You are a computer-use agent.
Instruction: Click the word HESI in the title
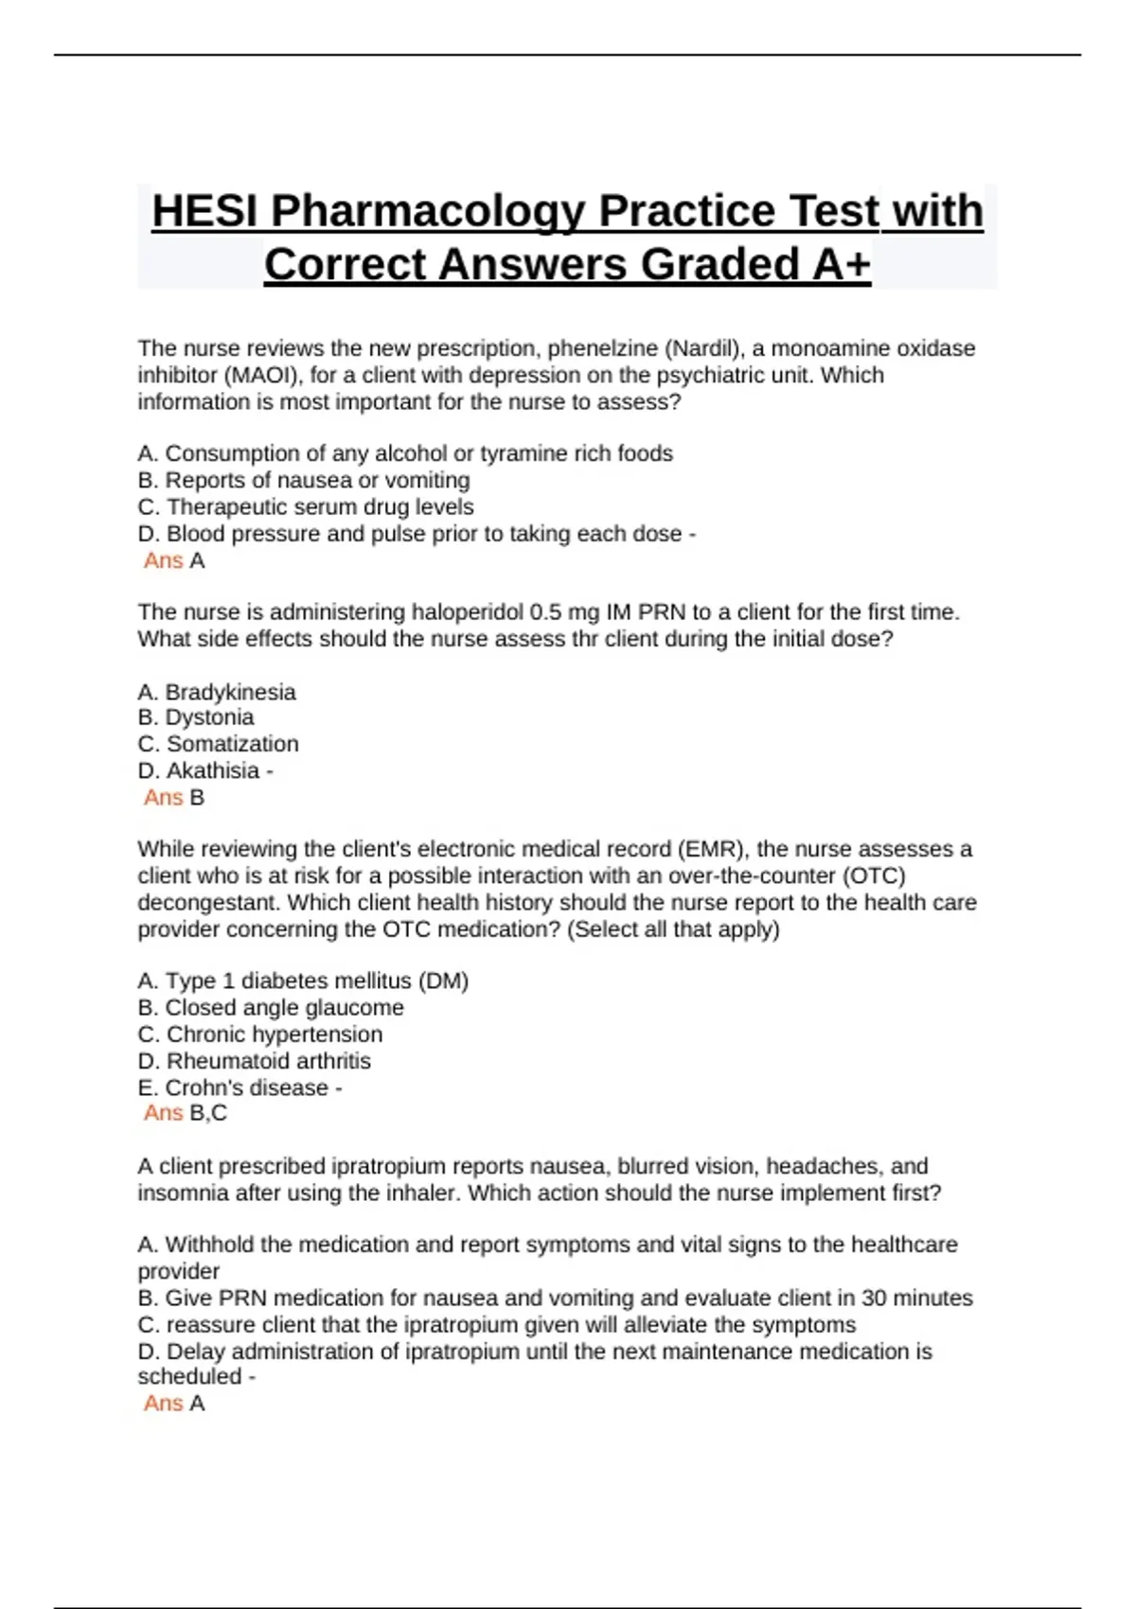[204, 211]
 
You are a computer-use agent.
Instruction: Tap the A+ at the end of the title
[841, 264]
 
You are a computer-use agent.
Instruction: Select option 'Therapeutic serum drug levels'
[306, 506]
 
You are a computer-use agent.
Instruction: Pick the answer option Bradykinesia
[230, 692]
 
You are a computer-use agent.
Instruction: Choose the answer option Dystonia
[209, 717]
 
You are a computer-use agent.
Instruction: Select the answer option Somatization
[232, 744]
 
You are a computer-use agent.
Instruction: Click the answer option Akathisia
[213, 770]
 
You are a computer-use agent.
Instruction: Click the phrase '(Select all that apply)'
[673, 929]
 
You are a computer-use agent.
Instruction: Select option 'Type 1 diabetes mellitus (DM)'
[303, 981]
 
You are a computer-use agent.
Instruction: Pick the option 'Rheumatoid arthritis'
[269, 1061]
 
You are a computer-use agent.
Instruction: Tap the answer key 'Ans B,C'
[186, 1113]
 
